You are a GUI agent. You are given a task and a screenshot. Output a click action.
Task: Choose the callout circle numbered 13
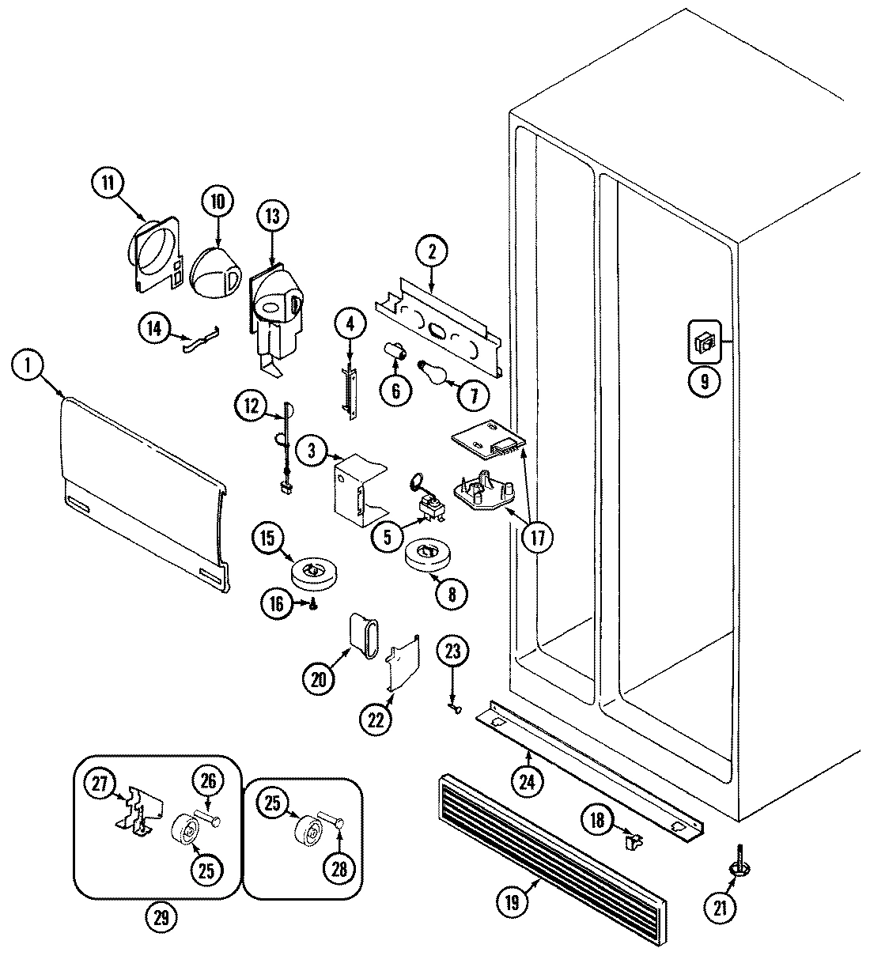(272, 216)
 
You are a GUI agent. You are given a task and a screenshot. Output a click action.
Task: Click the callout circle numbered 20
(318, 677)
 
